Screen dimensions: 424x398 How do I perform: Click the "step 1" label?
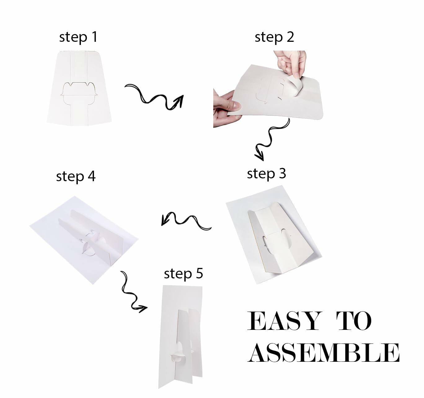(78, 38)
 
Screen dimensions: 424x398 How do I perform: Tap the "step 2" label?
(274, 38)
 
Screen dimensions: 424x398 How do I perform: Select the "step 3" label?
(267, 174)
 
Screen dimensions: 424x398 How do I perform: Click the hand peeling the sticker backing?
(290, 64)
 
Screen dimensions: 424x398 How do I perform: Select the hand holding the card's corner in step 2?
(226, 109)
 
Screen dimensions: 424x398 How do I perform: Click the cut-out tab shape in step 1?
(79, 94)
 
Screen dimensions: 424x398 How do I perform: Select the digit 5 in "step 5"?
(199, 273)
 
